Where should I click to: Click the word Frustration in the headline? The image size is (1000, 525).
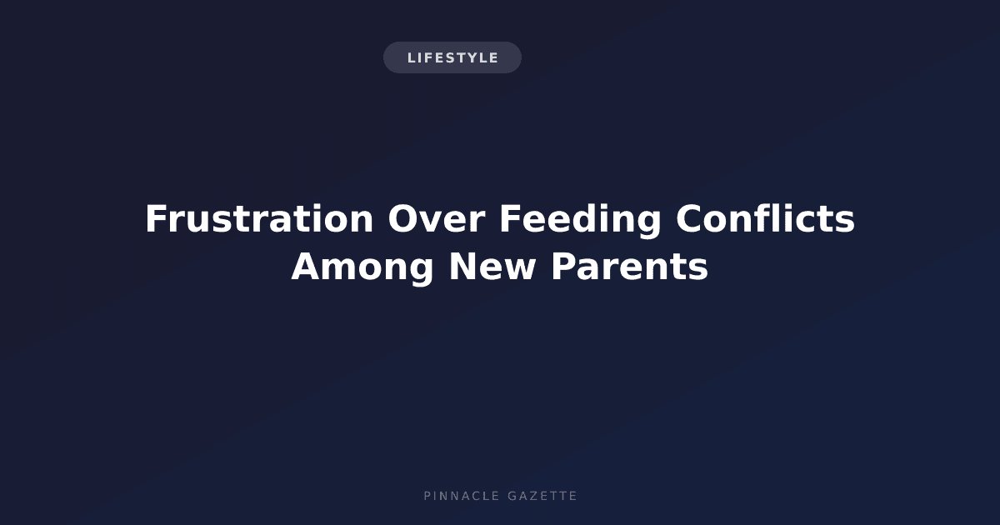pyautogui.click(x=259, y=218)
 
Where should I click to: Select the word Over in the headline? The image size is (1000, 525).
pyautogui.click(x=437, y=218)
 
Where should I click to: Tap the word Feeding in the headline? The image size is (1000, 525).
pyautogui.click(x=580, y=222)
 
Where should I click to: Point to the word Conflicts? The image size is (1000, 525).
pyautogui.click(x=765, y=217)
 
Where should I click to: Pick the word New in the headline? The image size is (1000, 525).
pyautogui.click(x=492, y=267)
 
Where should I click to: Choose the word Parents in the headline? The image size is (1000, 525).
pyautogui.click(x=630, y=267)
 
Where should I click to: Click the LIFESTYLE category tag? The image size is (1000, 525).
pyautogui.click(x=452, y=57)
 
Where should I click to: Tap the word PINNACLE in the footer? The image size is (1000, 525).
pyautogui.click(x=462, y=496)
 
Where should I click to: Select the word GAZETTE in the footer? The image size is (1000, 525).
pyautogui.click(x=542, y=496)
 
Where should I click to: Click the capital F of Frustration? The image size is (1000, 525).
pyautogui.click(x=157, y=218)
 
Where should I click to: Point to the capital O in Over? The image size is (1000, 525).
pyautogui.click(x=402, y=218)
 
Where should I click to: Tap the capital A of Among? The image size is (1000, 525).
pyautogui.click(x=308, y=267)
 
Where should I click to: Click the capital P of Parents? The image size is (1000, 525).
pyautogui.click(x=564, y=267)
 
